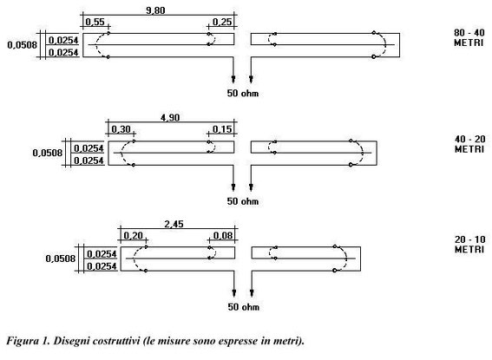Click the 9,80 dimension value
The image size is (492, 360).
tap(155, 10)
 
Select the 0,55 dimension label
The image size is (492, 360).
tap(95, 22)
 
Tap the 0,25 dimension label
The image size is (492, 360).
tap(222, 22)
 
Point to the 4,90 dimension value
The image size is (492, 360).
tap(170, 118)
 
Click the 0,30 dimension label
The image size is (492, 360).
tap(121, 129)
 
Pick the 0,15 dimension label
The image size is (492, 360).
tap(222, 129)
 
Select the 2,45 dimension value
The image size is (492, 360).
tap(174, 224)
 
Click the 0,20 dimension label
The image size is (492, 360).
tap(134, 235)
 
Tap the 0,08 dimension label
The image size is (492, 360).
tap(223, 235)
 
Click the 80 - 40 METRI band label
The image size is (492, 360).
tap(469, 37)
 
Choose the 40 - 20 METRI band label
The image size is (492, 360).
tap(469, 144)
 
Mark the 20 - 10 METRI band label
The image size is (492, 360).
tap(469, 245)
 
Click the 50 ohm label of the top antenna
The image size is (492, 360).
tap(243, 94)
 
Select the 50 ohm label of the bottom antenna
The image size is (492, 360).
tap(244, 307)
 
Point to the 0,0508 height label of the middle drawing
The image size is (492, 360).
tap(48, 153)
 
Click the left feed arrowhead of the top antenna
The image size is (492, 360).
tap(233, 79)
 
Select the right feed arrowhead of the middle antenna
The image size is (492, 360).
tap(251, 187)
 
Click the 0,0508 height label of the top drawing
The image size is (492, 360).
tap(22, 45)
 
